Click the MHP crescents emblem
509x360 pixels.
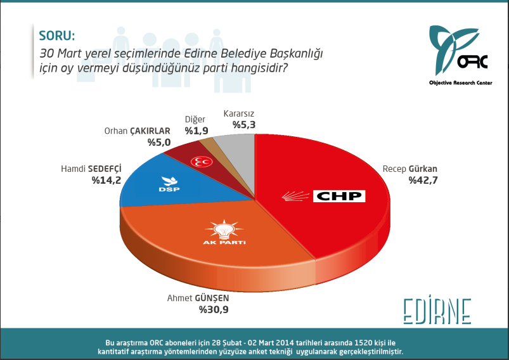203,161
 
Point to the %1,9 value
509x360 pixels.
196,131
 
